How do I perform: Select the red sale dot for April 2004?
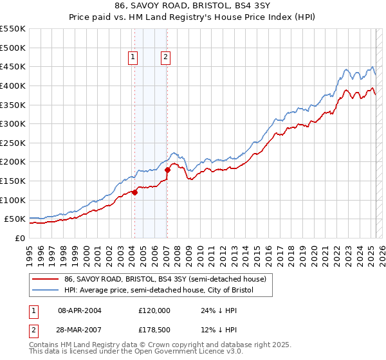(134, 192)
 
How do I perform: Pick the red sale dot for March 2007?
(167, 170)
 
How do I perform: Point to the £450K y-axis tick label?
(13, 66)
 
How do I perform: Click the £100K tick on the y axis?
(13, 200)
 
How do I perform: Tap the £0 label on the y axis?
(20, 238)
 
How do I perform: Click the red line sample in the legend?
(46, 278)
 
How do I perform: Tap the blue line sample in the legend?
(46, 290)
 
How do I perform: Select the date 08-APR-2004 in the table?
(80, 310)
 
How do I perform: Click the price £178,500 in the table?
(154, 330)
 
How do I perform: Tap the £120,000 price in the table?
(154, 310)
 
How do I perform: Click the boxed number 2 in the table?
(33, 330)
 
